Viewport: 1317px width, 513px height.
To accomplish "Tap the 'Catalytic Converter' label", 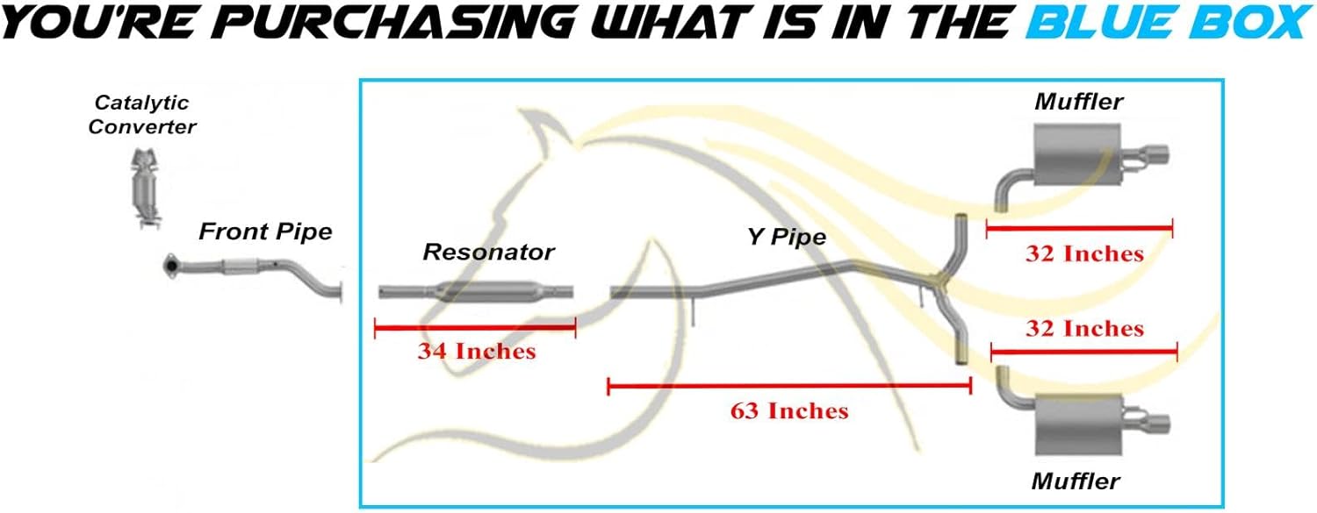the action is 141,115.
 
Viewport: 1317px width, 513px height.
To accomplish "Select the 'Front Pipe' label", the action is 265,232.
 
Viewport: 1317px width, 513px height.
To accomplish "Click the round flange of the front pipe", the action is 171,267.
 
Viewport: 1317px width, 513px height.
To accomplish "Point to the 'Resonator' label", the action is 488,252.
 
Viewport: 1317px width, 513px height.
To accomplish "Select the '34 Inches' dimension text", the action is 477,351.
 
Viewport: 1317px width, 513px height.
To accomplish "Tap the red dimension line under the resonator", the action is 475,327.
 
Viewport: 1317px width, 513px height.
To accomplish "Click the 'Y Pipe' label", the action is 787,237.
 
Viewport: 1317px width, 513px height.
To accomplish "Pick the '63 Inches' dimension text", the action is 789,411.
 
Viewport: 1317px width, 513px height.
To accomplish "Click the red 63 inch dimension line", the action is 789,386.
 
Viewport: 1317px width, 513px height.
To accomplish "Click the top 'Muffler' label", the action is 1078,102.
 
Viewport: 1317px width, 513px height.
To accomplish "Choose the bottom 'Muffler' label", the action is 1076,481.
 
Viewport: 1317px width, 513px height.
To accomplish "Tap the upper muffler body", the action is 1077,155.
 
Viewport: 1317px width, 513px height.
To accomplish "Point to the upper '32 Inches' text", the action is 1084,253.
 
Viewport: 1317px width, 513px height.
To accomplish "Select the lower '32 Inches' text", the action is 1084,329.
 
